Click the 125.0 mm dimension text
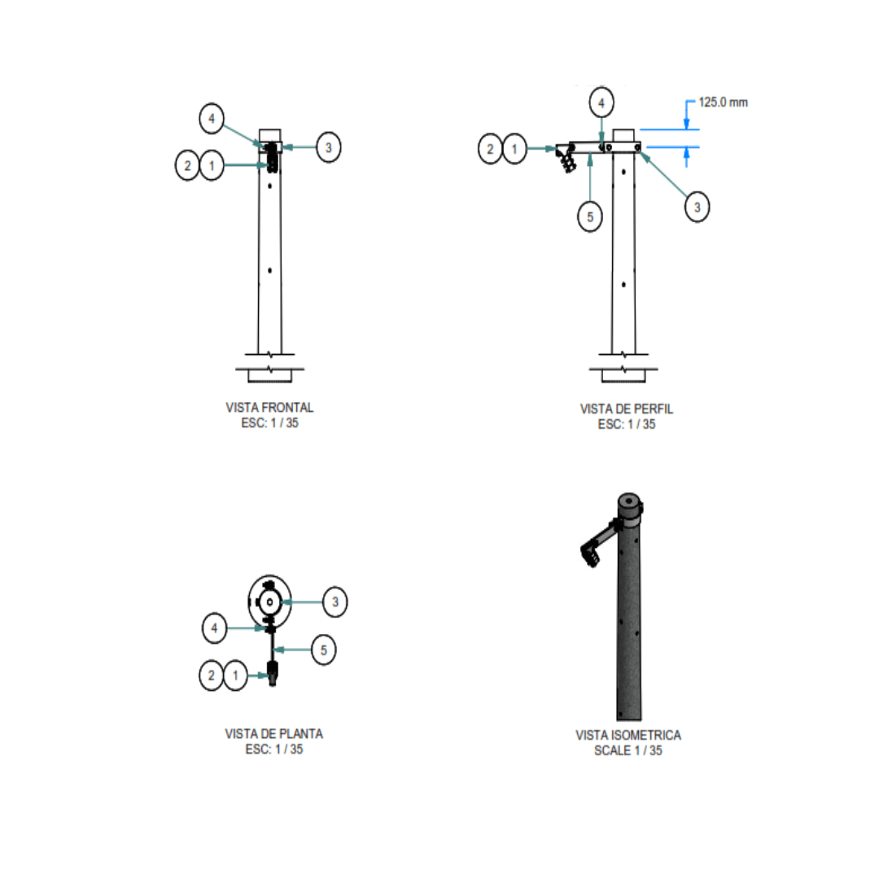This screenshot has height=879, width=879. pos(723,102)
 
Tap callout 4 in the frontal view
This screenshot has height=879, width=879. pos(212,118)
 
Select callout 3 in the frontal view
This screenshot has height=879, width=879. pos(329,147)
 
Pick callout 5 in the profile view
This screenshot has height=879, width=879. pos(590,216)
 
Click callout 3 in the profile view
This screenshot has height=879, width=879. pos(697,207)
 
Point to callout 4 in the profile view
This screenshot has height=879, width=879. pos(601,103)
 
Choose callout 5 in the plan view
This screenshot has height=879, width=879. pos(323,649)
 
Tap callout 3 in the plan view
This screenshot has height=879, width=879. pos(335,602)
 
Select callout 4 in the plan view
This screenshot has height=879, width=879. pos(214,628)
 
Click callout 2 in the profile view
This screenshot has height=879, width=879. pos(490,149)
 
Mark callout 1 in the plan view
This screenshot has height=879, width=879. pos(235,676)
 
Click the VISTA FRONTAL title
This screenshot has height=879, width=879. pos(269,408)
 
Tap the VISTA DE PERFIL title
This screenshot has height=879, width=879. pos(627,409)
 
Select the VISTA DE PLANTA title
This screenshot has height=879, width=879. pos(274,734)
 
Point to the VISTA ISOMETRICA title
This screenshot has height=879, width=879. pos(628,735)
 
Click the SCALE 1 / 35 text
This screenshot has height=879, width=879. pos(628,750)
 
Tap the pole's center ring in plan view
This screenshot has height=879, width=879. pos(270,602)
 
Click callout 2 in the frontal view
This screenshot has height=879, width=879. pos(187,165)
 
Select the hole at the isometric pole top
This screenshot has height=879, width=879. pos(629,501)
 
